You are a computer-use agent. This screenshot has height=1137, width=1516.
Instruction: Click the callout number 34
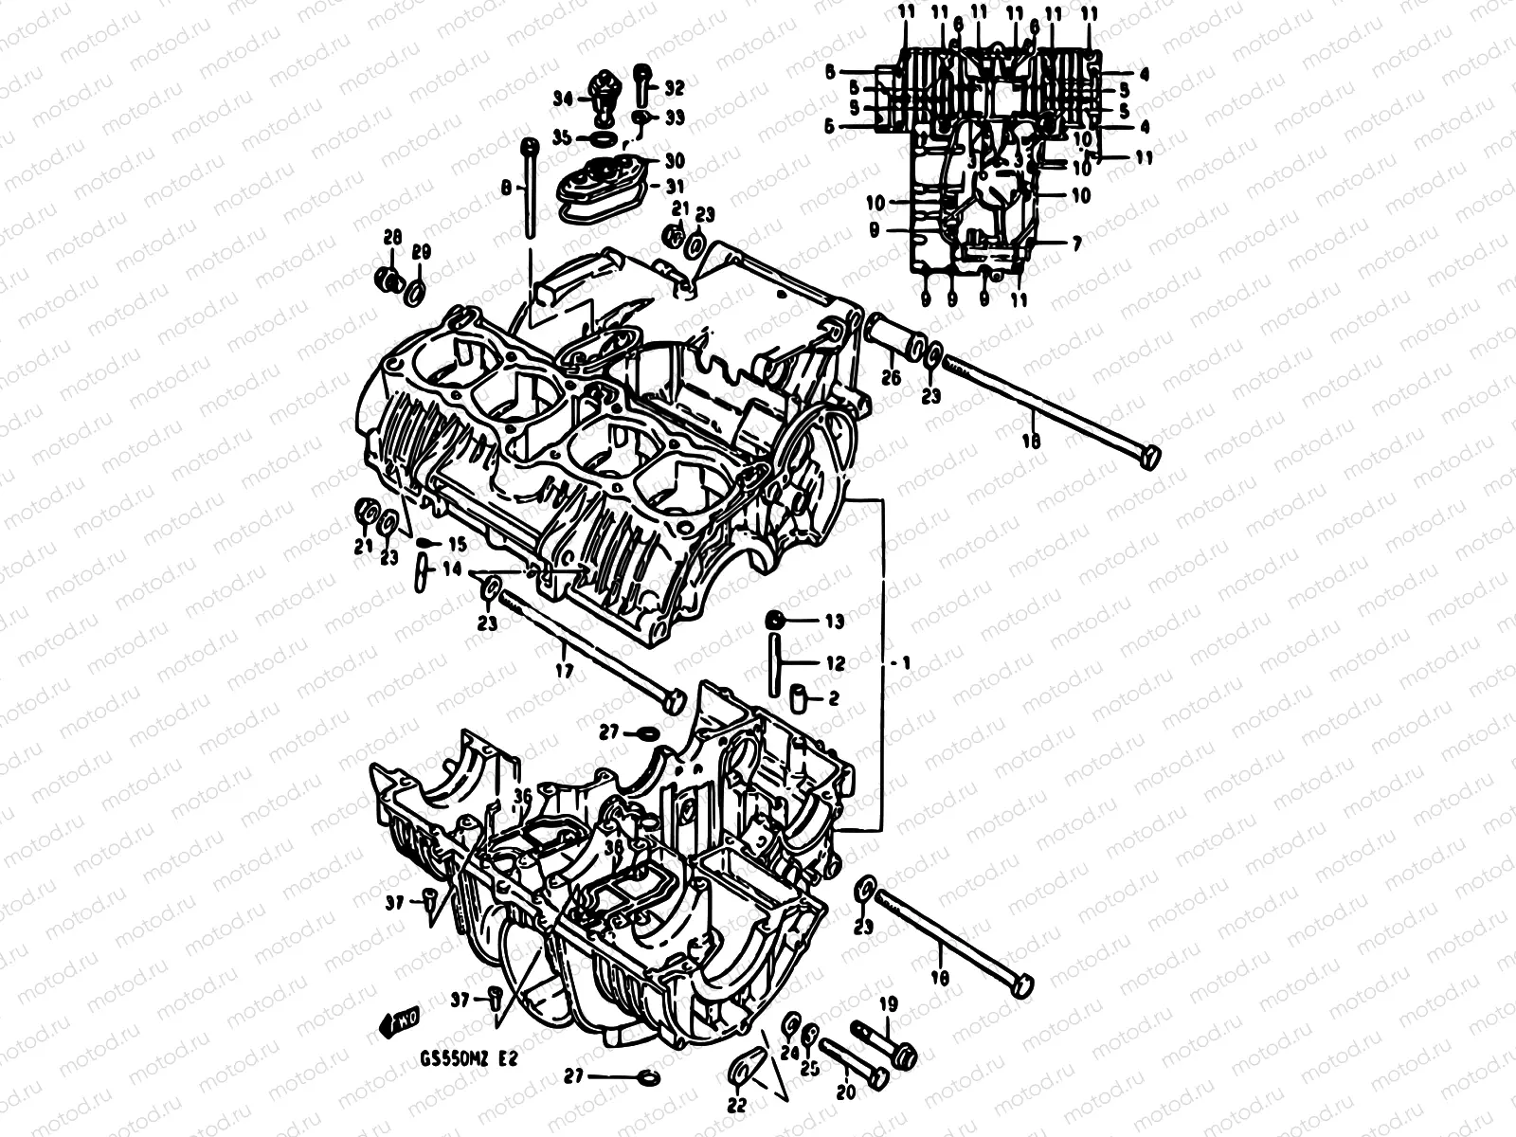pyautogui.click(x=563, y=99)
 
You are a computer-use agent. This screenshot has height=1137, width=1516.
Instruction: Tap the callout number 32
pyautogui.click(x=674, y=88)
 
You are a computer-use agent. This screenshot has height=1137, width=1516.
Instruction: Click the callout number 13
pyautogui.click(x=834, y=622)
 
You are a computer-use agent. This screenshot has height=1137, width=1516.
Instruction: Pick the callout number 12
pyautogui.click(x=834, y=664)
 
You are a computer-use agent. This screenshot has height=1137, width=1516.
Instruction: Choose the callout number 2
pyautogui.click(x=834, y=699)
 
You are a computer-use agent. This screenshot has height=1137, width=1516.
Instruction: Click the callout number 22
pyautogui.click(x=736, y=1104)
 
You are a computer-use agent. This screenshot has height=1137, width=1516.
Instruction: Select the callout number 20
pyautogui.click(x=846, y=1092)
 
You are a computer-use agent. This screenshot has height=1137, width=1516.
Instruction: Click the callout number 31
pyautogui.click(x=674, y=185)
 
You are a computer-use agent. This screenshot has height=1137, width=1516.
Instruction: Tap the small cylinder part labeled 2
pyautogui.click(x=798, y=699)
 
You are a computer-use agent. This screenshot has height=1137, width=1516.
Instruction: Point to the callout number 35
pyautogui.click(x=562, y=137)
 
